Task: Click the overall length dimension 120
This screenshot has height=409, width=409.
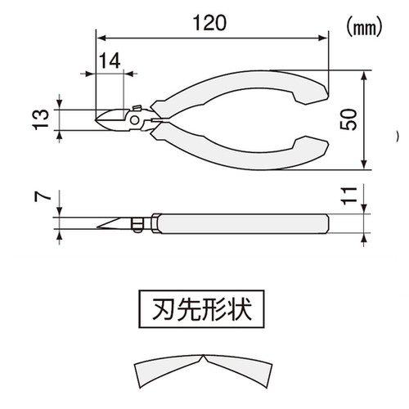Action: pyautogui.click(x=209, y=23)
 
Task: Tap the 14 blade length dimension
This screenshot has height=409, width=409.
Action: pyautogui.click(x=110, y=61)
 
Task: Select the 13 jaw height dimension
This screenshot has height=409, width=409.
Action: pyautogui.click(x=41, y=119)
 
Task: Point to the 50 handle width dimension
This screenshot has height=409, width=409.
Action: pyautogui.click(x=348, y=119)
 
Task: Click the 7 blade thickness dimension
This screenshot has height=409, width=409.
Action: pyautogui.click(x=43, y=196)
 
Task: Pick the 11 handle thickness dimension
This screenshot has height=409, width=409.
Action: pyautogui.click(x=349, y=196)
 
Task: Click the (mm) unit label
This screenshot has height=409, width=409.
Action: pyautogui.click(x=364, y=28)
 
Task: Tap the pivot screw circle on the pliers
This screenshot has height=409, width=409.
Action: pyautogui.click(x=134, y=120)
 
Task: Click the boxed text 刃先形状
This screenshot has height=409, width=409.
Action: pyautogui.click(x=201, y=309)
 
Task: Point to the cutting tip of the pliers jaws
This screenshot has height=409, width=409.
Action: pyautogui.click(x=96, y=120)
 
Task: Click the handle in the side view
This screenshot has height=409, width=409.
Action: pyautogui.click(x=243, y=223)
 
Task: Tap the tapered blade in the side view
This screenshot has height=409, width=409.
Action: pyautogui.click(x=112, y=223)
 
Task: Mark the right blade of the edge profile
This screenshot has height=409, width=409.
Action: pyautogui.click(x=239, y=371)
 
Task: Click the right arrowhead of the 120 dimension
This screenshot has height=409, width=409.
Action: pyautogui.click(x=322, y=38)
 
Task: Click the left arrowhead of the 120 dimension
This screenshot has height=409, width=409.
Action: pyautogui.click(x=101, y=38)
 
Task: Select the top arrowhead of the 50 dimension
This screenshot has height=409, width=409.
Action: pyautogui.click(x=364, y=75)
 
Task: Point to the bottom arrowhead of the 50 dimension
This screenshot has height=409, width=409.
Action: pyautogui.click(x=364, y=164)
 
